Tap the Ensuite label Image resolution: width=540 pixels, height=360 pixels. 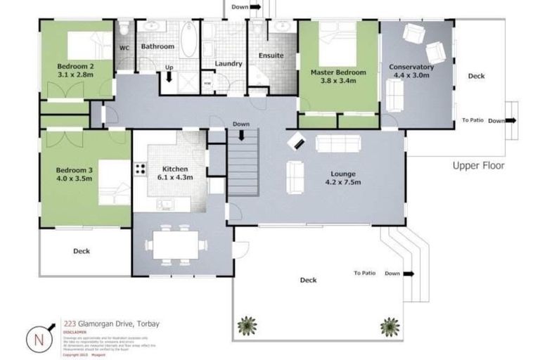point(271,55)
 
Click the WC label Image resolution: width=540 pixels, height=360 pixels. point(124,48)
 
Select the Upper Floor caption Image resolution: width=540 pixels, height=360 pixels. point(478,166)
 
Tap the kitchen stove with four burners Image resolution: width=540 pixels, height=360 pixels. point(140,169)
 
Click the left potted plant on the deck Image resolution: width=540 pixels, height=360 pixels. point(247,326)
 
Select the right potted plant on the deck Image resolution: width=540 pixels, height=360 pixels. point(389,326)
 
